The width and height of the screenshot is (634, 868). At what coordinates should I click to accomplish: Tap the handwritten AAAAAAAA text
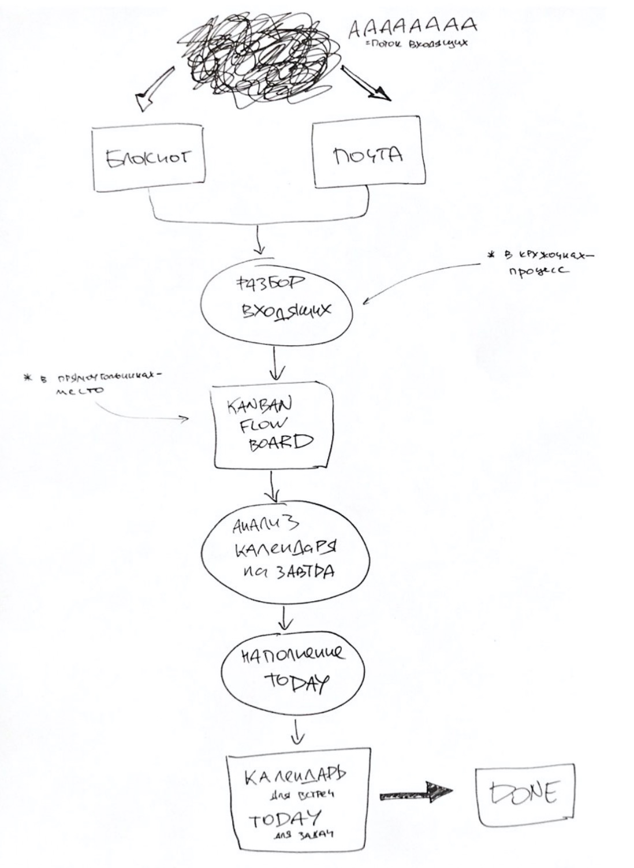coord(412,27)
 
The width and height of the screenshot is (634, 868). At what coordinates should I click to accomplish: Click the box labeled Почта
coord(368,155)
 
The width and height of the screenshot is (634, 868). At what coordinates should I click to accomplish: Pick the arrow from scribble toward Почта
coord(366,84)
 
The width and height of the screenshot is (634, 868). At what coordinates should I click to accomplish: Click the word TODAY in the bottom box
coord(284,819)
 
